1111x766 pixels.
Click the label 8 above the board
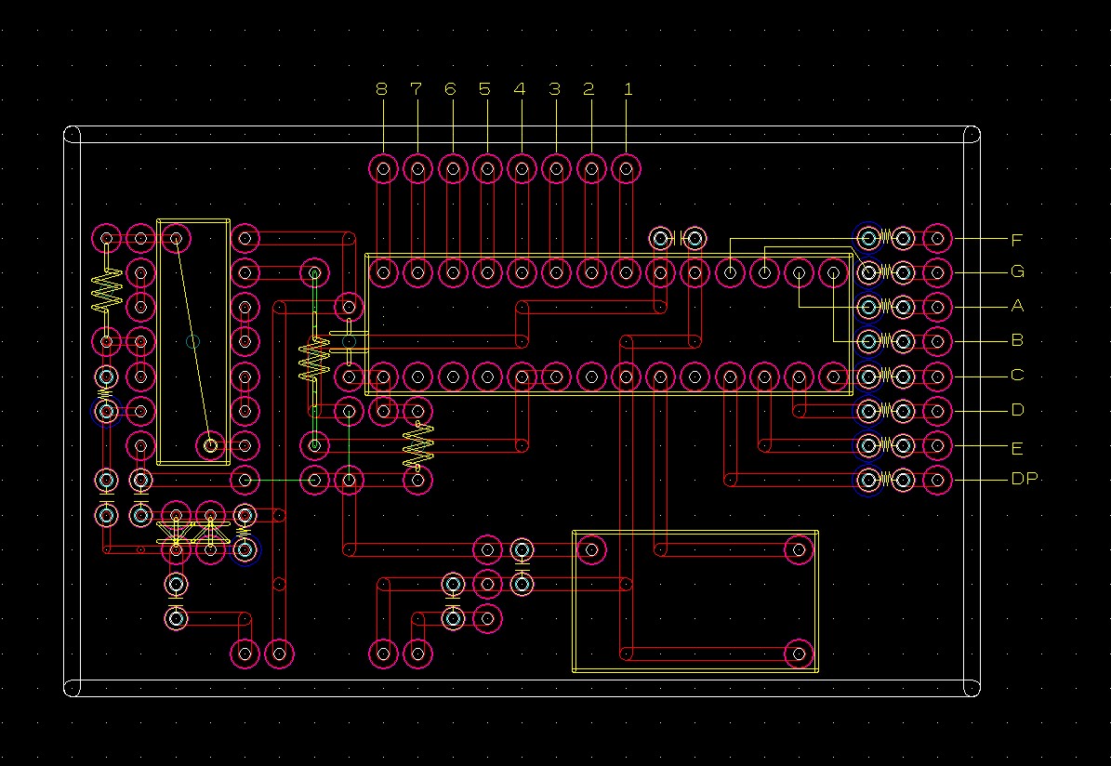[382, 89]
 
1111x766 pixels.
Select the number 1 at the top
[628, 89]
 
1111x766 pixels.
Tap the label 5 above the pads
[484, 89]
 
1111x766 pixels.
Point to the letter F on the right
[1017, 240]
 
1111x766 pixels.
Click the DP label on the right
[1024, 479]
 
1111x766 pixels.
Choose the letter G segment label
[1017, 271]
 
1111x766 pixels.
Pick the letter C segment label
[1017, 375]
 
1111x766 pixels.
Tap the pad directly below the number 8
[383, 169]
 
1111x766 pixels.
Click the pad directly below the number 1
[627, 169]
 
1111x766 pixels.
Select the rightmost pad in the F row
[937, 239]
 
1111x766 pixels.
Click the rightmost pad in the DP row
[937, 481]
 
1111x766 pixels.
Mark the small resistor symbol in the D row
[886, 410]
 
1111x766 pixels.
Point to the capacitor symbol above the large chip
[678, 238]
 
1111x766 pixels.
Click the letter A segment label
[1017, 306]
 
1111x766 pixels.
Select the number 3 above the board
[554, 89]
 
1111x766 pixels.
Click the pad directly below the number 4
[522, 169]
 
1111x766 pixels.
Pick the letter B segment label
[1017, 340]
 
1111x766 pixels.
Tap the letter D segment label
[1017, 410]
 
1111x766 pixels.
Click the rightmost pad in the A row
[937, 307]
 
